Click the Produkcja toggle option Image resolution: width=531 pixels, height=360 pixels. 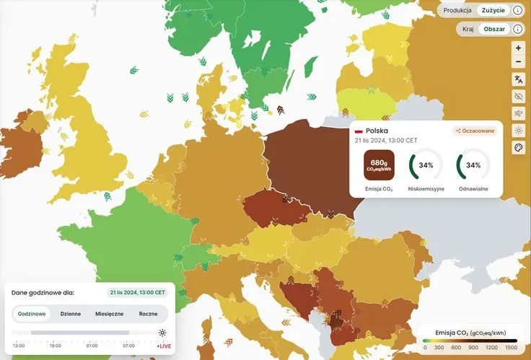pyautogui.click(x=457, y=10)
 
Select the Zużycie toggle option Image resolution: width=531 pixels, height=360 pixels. pyautogui.click(x=493, y=10)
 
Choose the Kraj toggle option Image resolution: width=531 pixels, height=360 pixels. pyautogui.click(x=469, y=29)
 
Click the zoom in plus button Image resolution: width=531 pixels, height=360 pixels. pyautogui.click(x=518, y=48)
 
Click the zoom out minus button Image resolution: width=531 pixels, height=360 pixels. pyautogui.click(x=518, y=62)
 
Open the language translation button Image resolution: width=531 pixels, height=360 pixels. pyautogui.click(x=518, y=79)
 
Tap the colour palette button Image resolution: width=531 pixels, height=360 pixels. pyautogui.click(x=518, y=148)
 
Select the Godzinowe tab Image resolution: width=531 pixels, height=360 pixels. pyautogui.click(x=32, y=314)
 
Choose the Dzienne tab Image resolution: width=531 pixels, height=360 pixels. pyautogui.click(x=70, y=314)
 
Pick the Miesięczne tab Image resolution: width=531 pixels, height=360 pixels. pyautogui.click(x=109, y=314)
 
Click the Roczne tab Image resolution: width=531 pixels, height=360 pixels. pyautogui.click(x=148, y=314)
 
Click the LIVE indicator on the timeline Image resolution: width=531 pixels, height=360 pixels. pyautogui.click(x=164, y=346)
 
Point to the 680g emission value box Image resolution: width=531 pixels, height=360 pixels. pyautogui.click(x=379, y=165)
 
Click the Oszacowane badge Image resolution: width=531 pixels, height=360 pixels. pyautogui.click(x=473, y=131)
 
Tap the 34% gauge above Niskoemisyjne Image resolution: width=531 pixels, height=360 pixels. pyautogui.click(x=426, y=165)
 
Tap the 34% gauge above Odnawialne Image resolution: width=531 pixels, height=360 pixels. pyautogui.click(x=473, y=165)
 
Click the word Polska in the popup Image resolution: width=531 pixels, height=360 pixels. pyautogui.click(x=377, y=131)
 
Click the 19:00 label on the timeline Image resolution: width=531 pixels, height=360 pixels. pyautogui.click(x=56, y=346)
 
